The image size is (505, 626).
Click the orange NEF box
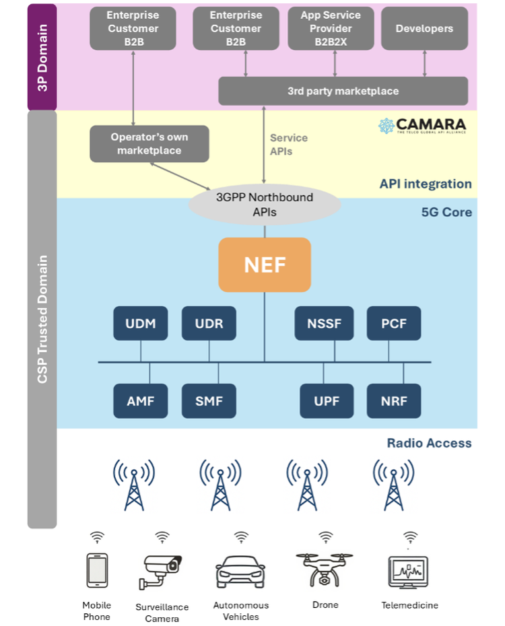pos(264,265)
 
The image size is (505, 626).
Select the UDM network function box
pos(141,323)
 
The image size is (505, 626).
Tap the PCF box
pos(394,323)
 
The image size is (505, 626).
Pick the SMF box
pos(209,401)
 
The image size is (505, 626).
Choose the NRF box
pos(394,401)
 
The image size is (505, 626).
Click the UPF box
pos(327,401)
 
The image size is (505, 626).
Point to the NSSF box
pos(324,323)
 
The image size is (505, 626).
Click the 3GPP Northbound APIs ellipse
pos(264,205)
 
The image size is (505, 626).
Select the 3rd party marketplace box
pos(343,91)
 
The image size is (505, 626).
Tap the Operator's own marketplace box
pos(149,144)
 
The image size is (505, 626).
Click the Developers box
pos(424,28)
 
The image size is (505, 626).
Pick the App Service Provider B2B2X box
pos(331,28)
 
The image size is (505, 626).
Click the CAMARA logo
pos(422,126)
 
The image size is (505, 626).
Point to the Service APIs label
pos(289,145)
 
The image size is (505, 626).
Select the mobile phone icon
pos(97,571)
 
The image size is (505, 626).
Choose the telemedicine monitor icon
pos(409,573)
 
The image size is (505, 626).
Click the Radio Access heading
pos(429,443)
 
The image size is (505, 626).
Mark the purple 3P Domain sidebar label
pos(42,57)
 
